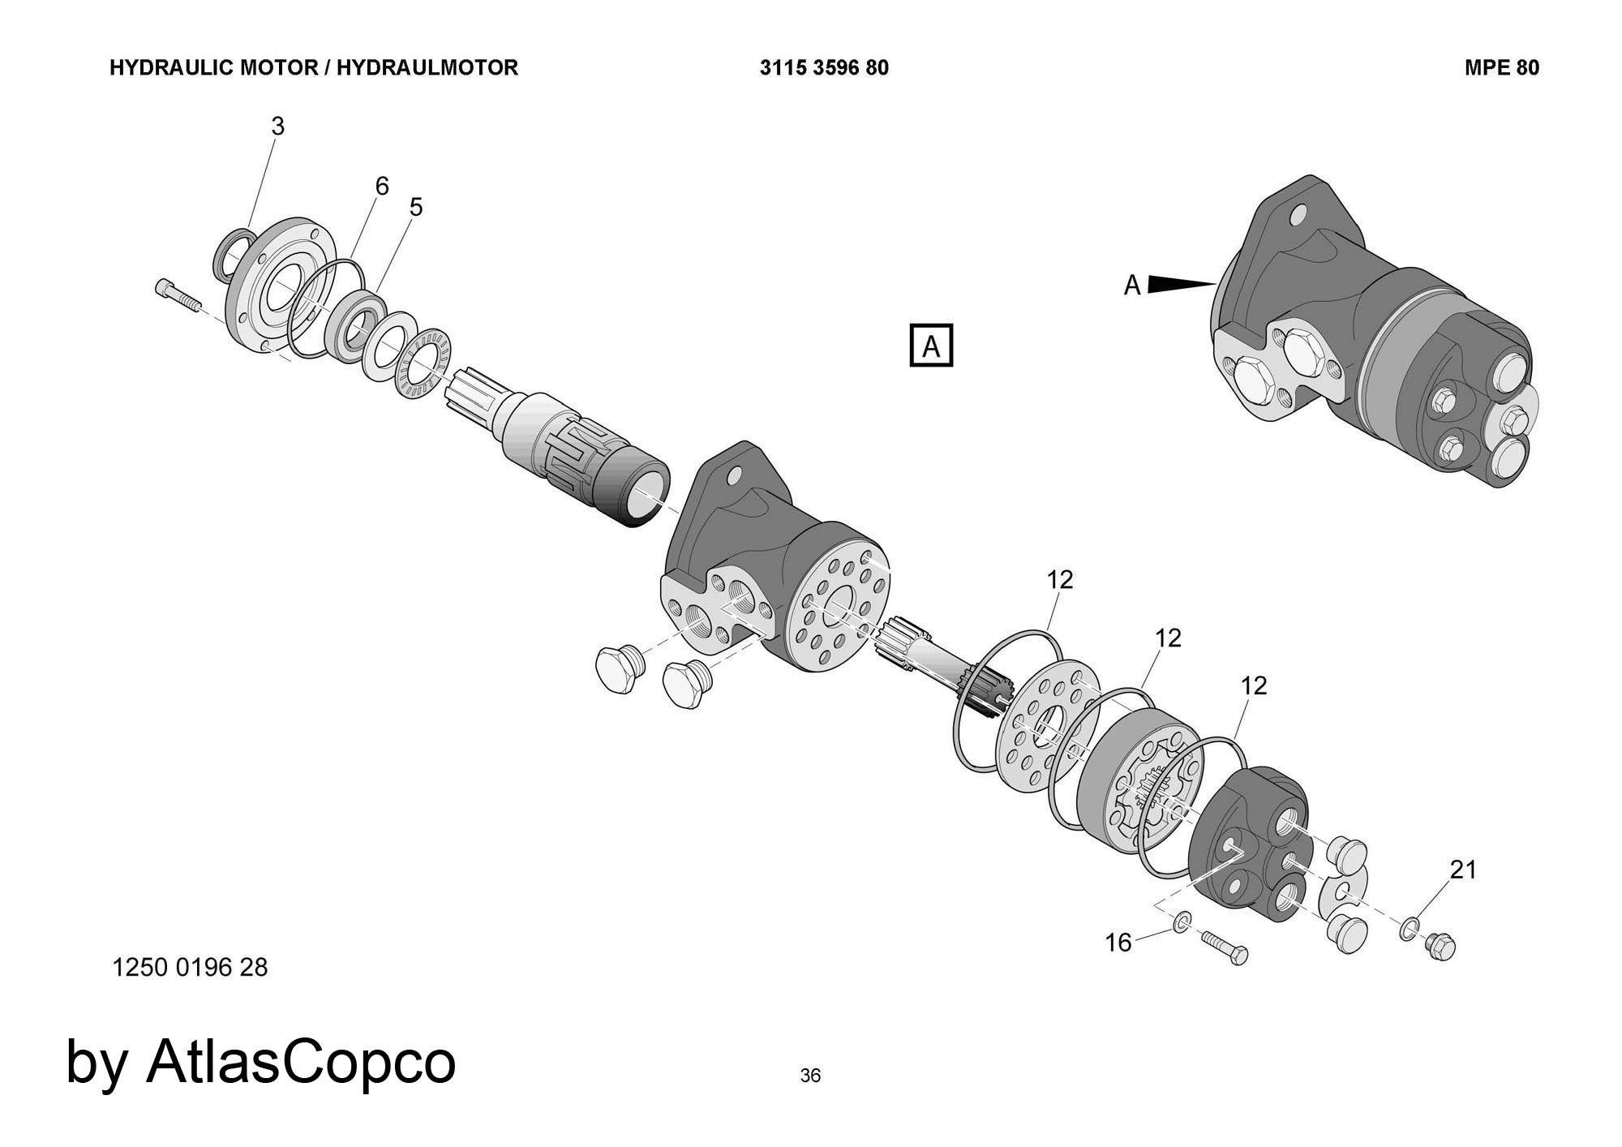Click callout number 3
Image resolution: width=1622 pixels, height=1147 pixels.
coord(278,127)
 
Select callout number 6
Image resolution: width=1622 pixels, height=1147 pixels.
coord(382,187)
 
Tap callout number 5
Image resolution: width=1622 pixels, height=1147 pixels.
coord(416,208)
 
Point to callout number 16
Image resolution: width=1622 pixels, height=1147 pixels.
coord(1118,943)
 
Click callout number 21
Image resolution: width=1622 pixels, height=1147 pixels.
coord(1463,870)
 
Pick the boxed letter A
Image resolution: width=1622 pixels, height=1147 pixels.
coord(931,346)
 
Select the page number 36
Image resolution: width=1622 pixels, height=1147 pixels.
coord(810,1076)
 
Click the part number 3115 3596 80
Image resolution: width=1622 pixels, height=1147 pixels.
coord(824,68)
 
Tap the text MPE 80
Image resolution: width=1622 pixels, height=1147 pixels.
coord(1501,68)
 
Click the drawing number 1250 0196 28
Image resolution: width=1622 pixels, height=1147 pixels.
coord(191,968)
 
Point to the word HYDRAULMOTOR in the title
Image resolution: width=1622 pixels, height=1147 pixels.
coord(427,68)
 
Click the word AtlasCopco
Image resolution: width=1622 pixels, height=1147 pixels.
coord(301,1062)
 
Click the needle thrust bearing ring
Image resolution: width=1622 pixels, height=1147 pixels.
coord(423,363)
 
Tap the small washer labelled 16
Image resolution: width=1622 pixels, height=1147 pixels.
coord(1182,921)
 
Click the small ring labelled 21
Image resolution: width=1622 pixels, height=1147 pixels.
coord(1410,929)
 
